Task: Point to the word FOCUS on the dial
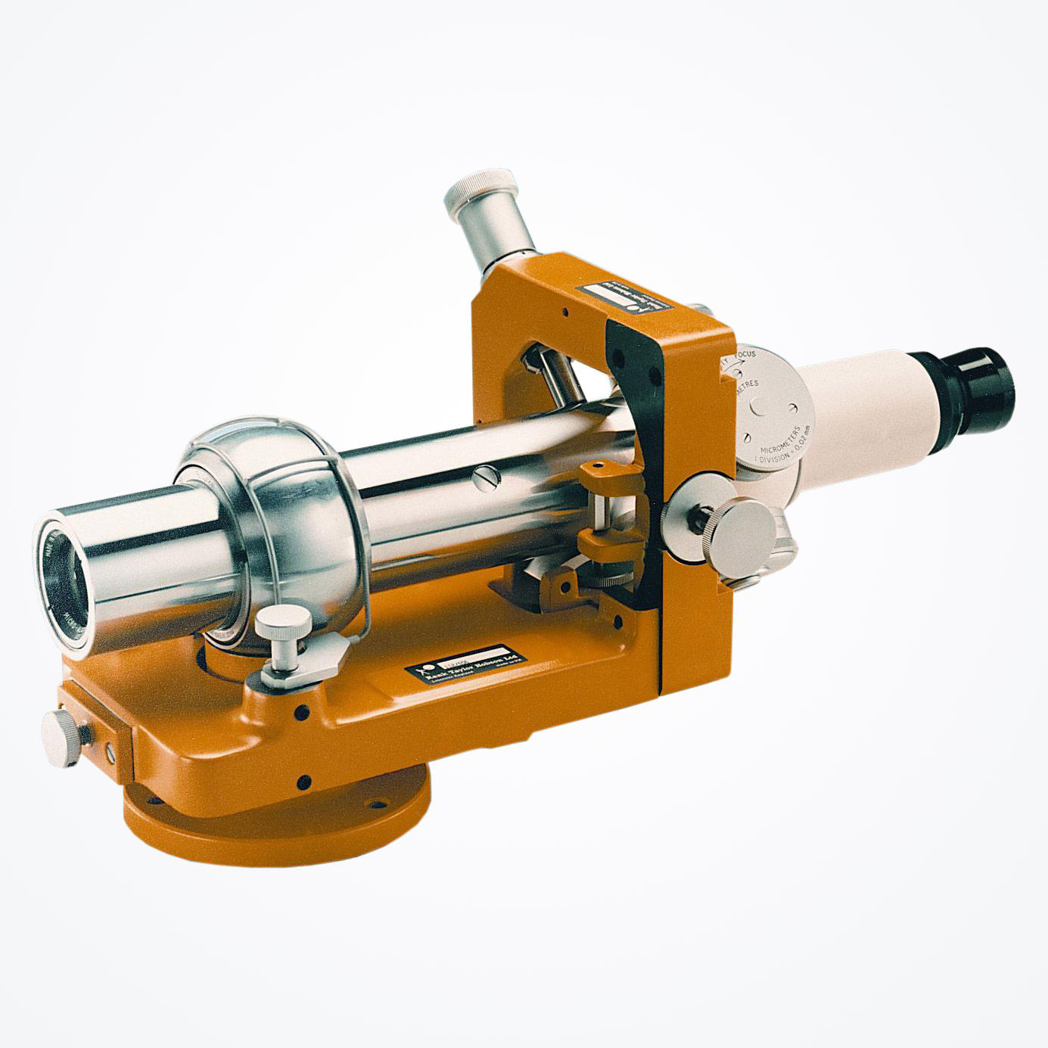(x=745, y=355)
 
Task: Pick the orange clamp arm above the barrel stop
(x=605, y=477)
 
